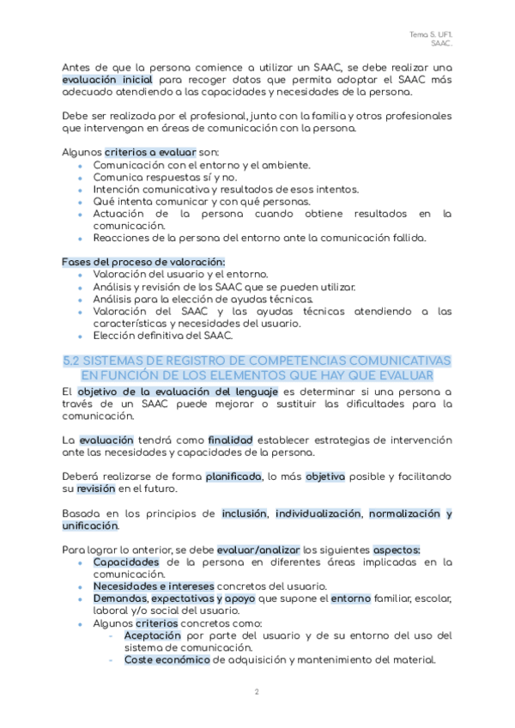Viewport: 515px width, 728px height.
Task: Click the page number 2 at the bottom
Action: [x=257, y=692]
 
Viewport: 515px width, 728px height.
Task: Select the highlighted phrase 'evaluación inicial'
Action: [x=107, y=80]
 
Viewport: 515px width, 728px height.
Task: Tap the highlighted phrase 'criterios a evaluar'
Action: [x=149, y=151]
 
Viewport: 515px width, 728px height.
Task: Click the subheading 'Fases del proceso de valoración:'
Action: [x=143, y=261]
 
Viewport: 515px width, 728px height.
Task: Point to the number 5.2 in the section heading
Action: [x=75, y=361]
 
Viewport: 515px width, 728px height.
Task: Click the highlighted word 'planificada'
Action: [x=234, y=476]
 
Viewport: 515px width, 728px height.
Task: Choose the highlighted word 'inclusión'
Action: [x=244, y=513]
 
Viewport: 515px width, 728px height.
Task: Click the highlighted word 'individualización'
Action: [x=318, y=513]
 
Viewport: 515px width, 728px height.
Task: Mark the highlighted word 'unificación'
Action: [x=90, y=525]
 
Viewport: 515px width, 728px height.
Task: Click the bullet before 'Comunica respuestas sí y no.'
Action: [x=82, y=178]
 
